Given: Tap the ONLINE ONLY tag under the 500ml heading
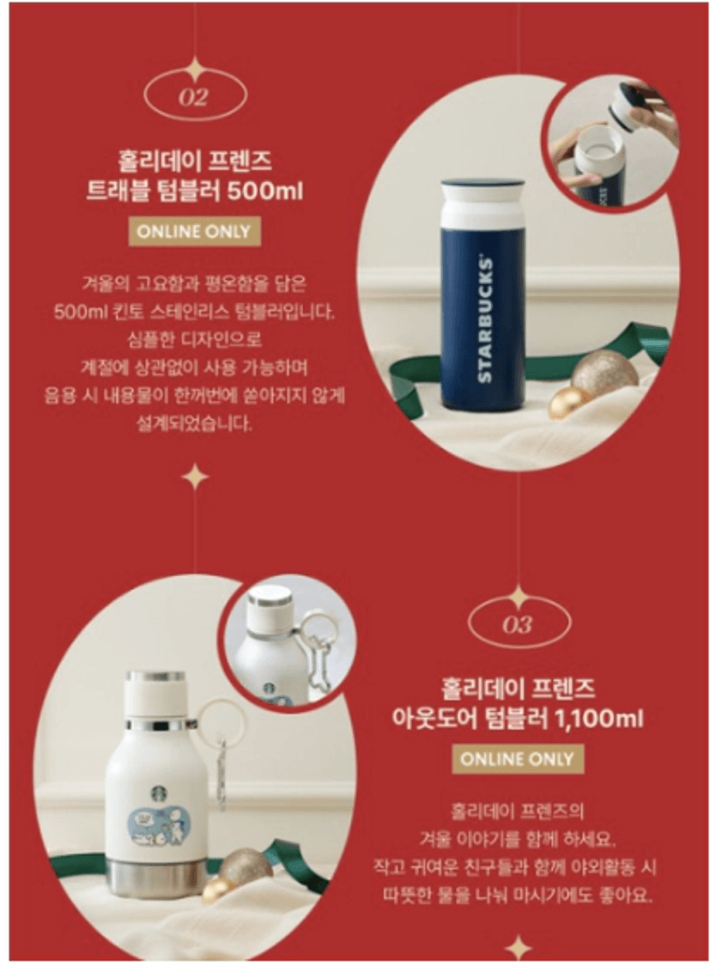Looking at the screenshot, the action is coord(193,232).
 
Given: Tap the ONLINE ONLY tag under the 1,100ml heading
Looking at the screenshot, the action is coord(517,758).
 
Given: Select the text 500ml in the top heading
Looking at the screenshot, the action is coord(265,191).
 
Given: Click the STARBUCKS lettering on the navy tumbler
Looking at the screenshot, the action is coord(485,319).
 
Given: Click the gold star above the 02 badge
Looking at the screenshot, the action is coord(195,69).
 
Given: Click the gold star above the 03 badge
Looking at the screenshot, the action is coord(519,596).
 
